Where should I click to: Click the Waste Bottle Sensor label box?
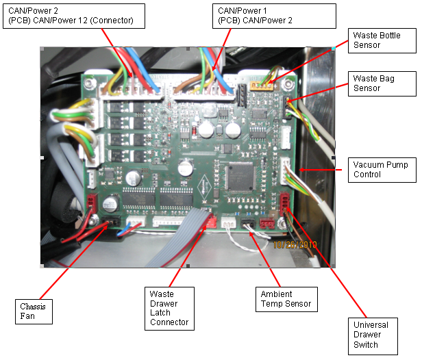376,39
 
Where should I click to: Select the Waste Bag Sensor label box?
376,82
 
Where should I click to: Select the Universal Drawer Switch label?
373,334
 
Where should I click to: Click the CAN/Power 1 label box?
274,15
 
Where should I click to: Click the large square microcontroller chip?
240,176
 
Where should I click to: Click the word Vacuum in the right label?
368,165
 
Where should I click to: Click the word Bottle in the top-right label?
389,34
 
